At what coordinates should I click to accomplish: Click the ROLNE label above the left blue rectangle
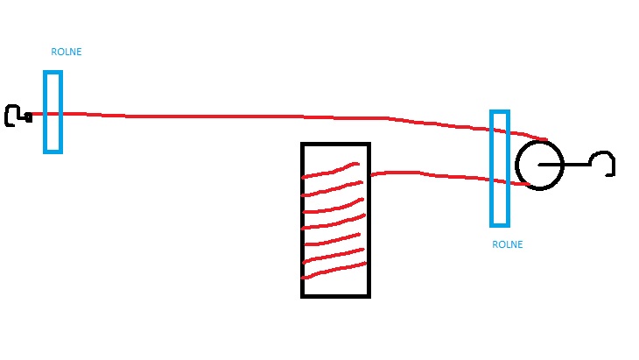point(66,52)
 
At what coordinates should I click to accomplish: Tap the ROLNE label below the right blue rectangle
point(508,244)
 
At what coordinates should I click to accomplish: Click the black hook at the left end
point(6,116)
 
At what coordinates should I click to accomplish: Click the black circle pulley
point(516,166)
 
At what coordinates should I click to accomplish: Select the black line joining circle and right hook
point(565,165)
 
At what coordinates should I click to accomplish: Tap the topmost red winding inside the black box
point(331,172)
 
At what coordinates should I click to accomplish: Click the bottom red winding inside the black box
point(334,271)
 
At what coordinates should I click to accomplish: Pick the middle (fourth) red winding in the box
point(334,222)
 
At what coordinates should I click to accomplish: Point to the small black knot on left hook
point(28,117)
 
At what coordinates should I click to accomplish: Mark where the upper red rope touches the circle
point(546,140)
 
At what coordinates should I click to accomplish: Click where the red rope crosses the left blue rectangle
point(53,114)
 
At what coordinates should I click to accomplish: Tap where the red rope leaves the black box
point(370,175)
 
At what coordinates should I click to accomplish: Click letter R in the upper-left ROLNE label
point(53,52)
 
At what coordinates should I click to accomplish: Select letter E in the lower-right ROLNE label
point(520,244)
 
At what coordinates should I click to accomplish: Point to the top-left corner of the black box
point(302,144)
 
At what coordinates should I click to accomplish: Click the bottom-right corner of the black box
point(369,297)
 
